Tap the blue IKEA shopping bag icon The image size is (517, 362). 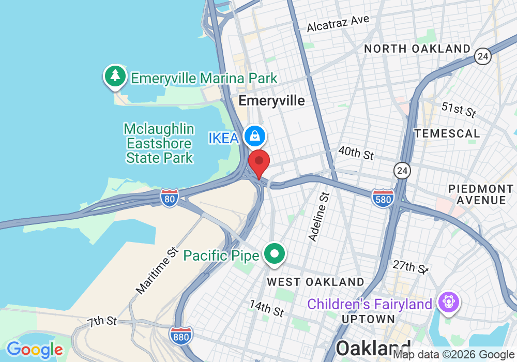pyautogui.click(x=255, y=136)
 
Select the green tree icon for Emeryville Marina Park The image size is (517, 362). pyautogui.click(x=115, y=77)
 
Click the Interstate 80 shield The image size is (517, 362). pyautogui.click(x=170, y=198)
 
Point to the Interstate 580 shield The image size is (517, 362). pyautogui.click(x=383, y=198)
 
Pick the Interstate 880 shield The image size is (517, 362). pyautogui.click(x=181, y=336)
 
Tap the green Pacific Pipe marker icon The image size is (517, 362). pyautogui.click(x=275, y=254)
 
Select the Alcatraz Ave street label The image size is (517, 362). pyautogui.click(x=338, y=23)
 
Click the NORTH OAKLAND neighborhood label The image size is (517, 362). pyautogui.click(x=417, y=49)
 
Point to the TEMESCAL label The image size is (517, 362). pyautogui.click(x=447, y=133)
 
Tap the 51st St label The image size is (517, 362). pyautogui.click(x=459, y=110)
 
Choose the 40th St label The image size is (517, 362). pyautogui.click(x=356, y=153)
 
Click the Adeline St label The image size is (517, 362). pyautogui.click(x=319, y=217)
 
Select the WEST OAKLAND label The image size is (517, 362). pyautogui.click(x=315, y=282)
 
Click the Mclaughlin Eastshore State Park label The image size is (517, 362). pyautogui.click(x=159, y=143)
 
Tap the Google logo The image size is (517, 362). pyautogui.click(x=35, y=350)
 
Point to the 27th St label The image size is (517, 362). pyautogui.click(x=410, y=267)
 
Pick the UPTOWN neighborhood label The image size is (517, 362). pyautogui.click(x=369, y=319)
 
